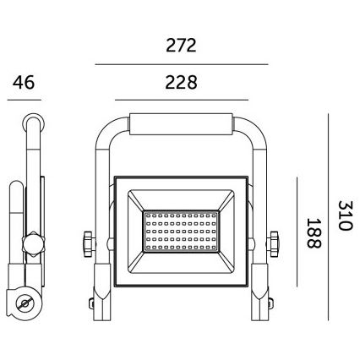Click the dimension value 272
(181, 46)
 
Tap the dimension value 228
(181, 82)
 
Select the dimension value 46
(23, 82)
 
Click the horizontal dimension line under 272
(181, 64)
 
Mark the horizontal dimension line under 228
(181, 100)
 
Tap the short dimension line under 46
(23, 100)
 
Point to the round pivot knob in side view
(34, 244)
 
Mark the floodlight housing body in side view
(19, 220)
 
